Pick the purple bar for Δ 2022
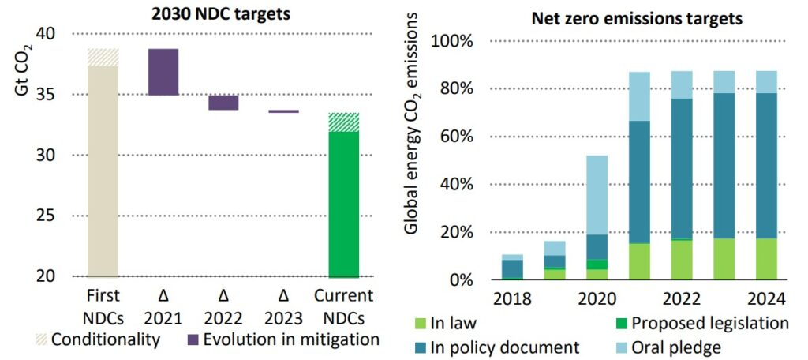(223, 103)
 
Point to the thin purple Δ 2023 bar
(283, 111)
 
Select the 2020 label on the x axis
(597, 300)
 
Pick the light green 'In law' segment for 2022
(683, 260)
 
